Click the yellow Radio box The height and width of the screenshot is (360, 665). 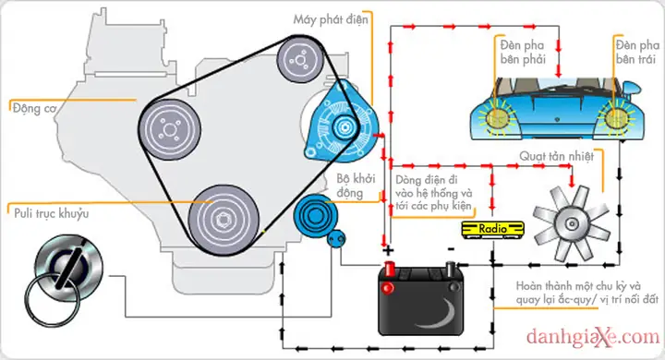pos(492,230)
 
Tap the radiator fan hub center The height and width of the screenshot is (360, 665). pos(572,223)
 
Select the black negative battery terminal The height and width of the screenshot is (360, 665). pos(451,269)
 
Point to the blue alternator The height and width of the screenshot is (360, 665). pos(342,126)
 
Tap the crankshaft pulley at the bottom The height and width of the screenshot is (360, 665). pos(224,220)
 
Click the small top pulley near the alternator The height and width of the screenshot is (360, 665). pos(301,60)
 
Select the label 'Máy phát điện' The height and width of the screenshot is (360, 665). pos(331,20)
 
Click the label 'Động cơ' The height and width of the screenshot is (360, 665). pos(34,109)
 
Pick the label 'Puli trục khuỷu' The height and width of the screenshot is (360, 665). pos(52,213)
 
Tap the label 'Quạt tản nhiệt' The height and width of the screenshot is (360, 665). pos(556,157)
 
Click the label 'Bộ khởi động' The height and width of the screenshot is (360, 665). pos(357,186)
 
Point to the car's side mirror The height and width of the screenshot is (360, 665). pos(631,89)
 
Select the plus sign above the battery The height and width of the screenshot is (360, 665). pos(388,250)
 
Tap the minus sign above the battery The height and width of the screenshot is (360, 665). pos(451,249)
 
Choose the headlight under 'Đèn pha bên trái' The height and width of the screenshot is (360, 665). pos(616,118)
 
